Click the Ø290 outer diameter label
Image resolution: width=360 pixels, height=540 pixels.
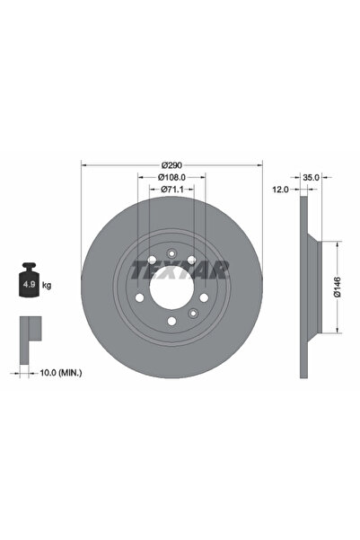click(171, 164)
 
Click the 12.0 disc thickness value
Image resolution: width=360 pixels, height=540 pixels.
click(280, 190)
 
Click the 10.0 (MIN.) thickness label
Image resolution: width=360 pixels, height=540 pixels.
click(58, 371)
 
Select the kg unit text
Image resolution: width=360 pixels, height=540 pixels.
click(46, 285)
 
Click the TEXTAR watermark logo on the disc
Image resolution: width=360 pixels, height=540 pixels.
click(180, 267)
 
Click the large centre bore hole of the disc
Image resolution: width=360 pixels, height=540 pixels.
click(171, 288)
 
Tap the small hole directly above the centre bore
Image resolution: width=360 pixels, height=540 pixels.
click(171, 250)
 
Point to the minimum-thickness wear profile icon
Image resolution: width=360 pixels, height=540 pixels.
click(31, 332)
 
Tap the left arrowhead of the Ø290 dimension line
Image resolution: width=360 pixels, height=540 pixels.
click(84, 164)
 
